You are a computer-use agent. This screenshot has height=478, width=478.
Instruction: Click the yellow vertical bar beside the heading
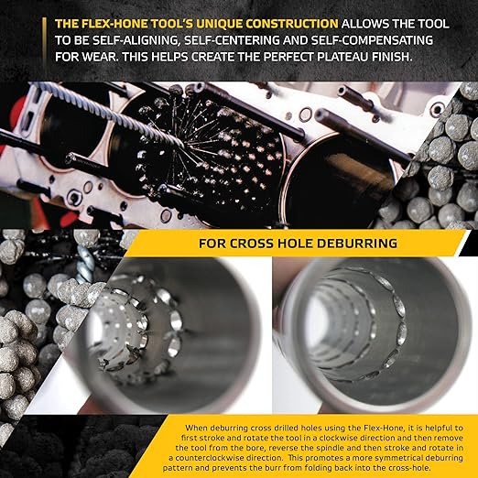[42, 36]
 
